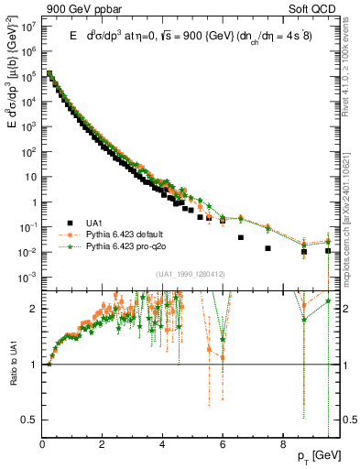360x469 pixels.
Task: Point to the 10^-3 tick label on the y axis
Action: tap(27, 277)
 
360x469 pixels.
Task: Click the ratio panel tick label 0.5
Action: tap(29, 420)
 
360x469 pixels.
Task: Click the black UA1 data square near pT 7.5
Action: tap(268, 248)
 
